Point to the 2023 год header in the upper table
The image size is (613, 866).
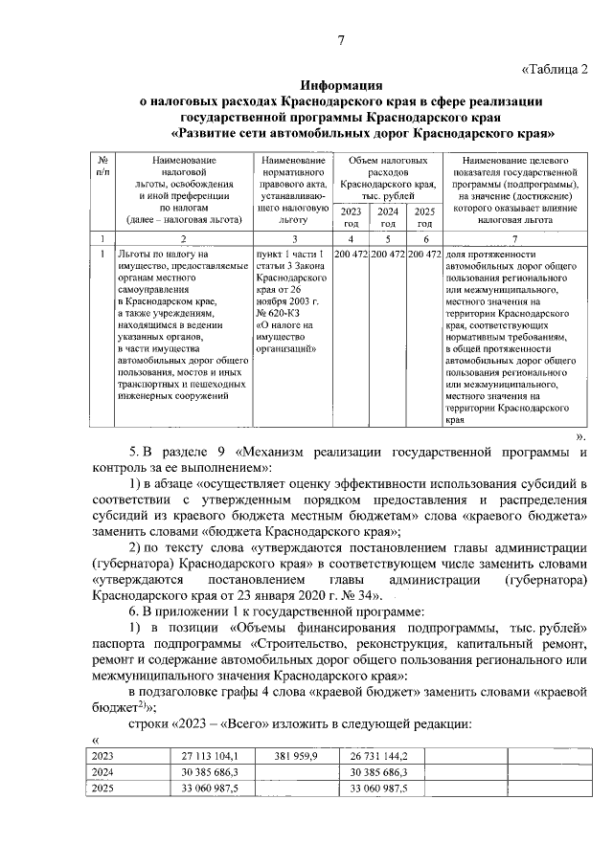point(352,216)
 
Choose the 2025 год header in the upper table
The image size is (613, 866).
point(425,216)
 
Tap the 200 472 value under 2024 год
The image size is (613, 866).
point(388,255)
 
